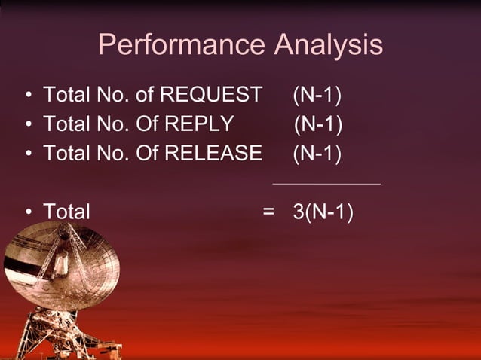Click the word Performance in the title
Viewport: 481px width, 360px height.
(181, 46)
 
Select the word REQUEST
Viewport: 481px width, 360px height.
(216, 96)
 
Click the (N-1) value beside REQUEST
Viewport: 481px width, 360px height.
(317, 96)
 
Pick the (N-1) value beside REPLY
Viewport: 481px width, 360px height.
(318, 124)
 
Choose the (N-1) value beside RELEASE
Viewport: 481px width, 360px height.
(317, 154)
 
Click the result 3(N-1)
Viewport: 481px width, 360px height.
(323, 212)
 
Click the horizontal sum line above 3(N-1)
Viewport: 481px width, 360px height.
(326, 183)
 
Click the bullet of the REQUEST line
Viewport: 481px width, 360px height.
(27, 96)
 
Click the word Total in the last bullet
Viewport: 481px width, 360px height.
(66, 212)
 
